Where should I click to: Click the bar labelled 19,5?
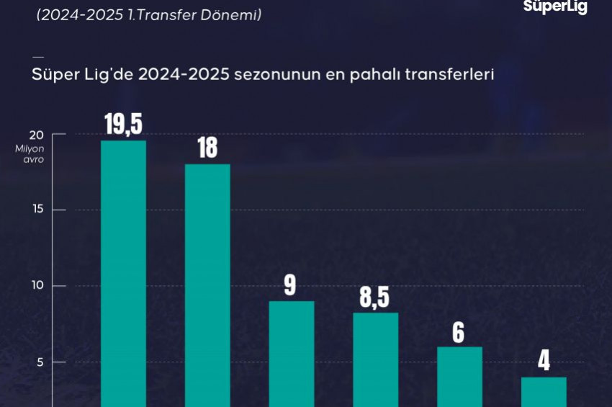point(123,274)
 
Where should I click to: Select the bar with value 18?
point(207,285)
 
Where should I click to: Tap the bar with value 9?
point(292,354)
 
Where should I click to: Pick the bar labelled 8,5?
point(375,359)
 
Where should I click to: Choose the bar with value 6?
point(459,377)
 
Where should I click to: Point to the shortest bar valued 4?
point(544,392)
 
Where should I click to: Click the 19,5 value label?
point(123,124)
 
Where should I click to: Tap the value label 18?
point(207,148)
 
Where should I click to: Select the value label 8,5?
point(375,296)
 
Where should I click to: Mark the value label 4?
point(544,361)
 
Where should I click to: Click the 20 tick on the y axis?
point(37,135)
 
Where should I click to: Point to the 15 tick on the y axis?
point(37,210)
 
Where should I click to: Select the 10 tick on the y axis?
point(37,286)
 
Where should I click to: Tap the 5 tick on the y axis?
point(40,362)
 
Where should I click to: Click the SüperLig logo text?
point(554,7)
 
